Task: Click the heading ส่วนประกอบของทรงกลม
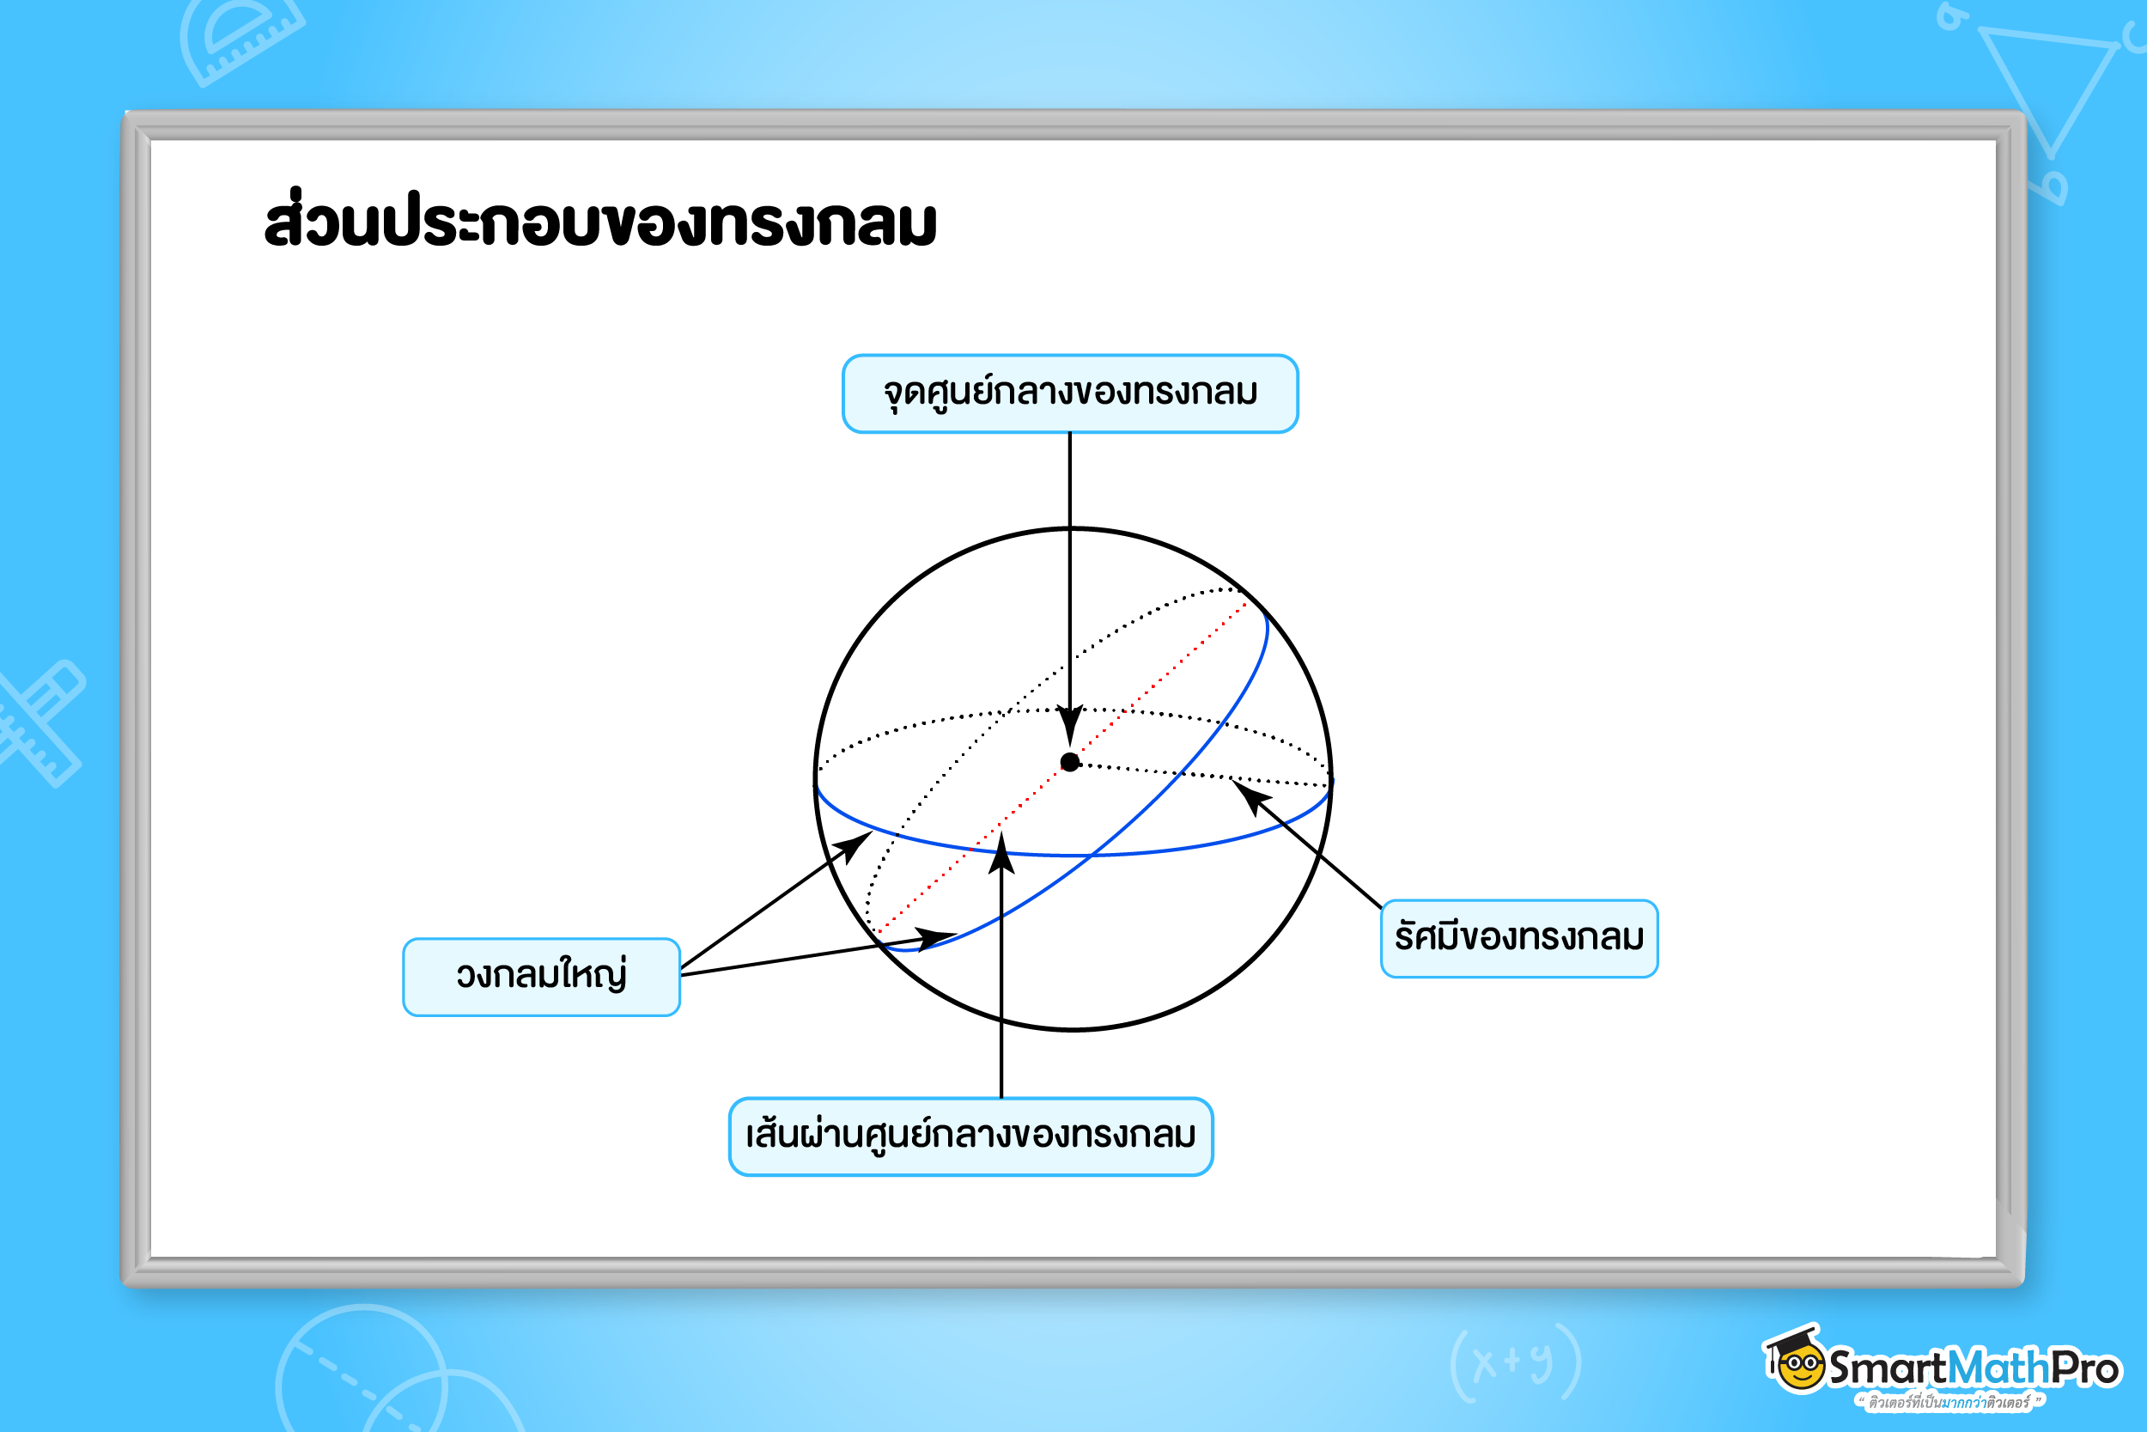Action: click(x=599, y=219)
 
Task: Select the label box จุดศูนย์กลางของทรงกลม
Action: click(x=1070, y=393)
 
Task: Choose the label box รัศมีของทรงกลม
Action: click(x=1519, y=939)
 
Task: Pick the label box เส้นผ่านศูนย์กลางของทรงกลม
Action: click(x=970, y=1137)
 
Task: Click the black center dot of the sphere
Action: click(x=1070, y=762)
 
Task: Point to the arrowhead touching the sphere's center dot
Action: click(x=1070, y=726)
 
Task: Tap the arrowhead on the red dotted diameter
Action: click(x=1001, y=850)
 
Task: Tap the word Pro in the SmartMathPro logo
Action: click(x=2085, y=1368)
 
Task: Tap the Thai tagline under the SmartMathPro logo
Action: click(x=1949, y=1402)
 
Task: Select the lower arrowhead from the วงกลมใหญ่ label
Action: click(x=934, y=938)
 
